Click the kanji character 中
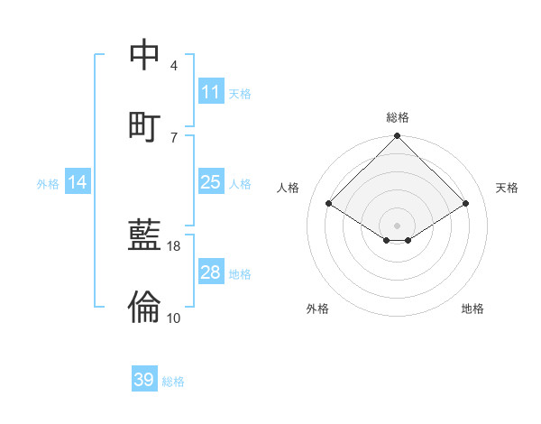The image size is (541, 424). (x=145, y=55)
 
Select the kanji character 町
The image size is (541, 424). (x=145, y=124)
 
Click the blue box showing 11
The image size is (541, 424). (x=210, y=92)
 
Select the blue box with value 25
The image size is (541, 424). (x=210, y=182)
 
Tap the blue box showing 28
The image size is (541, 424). (x=210, y=272)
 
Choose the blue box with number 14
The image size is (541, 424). (x=78, y=183)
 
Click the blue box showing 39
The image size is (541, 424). (x=144, y=380)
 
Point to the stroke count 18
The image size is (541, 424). (x=174, y=245)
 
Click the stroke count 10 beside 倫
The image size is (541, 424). (x=174, y=318)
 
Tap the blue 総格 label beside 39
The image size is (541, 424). (x=173, y=382)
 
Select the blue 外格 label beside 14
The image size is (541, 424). (x=48, y=184)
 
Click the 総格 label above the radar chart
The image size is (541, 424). (x=398, y=117)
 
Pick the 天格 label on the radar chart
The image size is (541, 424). (x=508, y=188)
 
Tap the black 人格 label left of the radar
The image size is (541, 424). (x=289, y=188)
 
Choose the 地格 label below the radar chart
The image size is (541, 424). (x=472, y=309)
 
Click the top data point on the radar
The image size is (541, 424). (x=398, y=137)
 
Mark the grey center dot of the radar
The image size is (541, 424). (x=398, y=225)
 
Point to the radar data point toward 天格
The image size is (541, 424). (x=466, y=204)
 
